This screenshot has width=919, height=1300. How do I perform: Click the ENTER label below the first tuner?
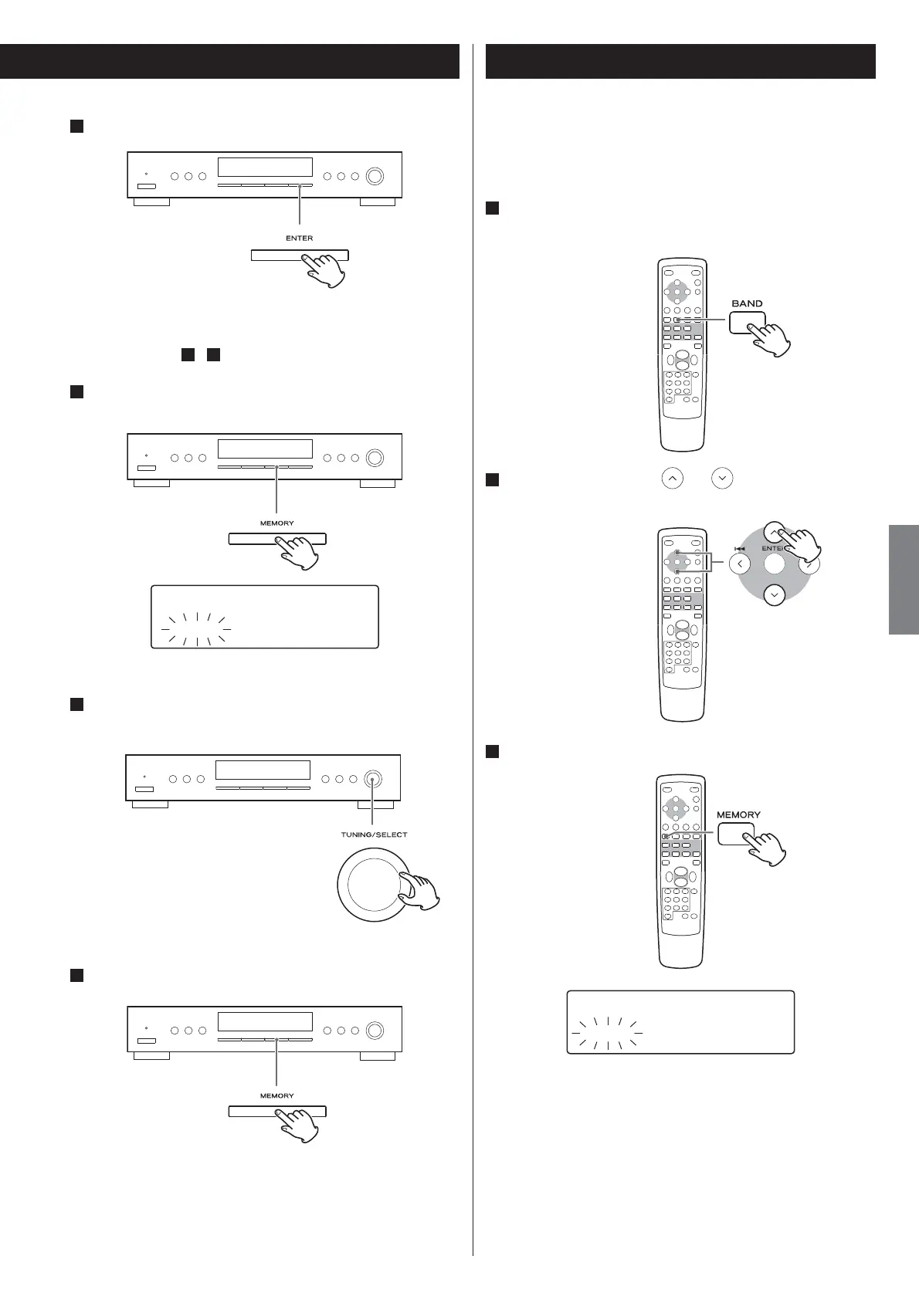[x=300, y=238]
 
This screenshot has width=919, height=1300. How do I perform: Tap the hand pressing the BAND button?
[x=769, y=336]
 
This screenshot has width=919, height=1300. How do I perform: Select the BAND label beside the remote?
[x=747, y=303]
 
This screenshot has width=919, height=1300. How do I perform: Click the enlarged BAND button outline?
[x=747, y=322]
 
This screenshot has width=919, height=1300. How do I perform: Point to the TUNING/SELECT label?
[x=374, y=835]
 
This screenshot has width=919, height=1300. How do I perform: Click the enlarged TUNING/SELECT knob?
[x=372, y=885]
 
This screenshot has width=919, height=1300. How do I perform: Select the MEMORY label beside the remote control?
[x=738, y=814]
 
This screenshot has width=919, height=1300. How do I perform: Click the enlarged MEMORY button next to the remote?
[x=736, y=834]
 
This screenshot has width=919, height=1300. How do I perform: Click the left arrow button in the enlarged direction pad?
[x=740, y=564]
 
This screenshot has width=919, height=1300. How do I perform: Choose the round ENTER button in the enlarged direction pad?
[x=774, y=564]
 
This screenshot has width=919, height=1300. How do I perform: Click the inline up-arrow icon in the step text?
[x=673, y=479]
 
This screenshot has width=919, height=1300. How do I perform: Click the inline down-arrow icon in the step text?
[x=722, y=479]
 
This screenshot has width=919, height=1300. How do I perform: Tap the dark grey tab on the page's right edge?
[x=904, y=579]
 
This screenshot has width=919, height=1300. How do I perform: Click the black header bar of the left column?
[x=229, y=61]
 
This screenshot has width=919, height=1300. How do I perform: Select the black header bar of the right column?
[x=680, y=61]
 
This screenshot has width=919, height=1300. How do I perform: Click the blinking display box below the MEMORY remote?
[x=680, y=1022]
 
